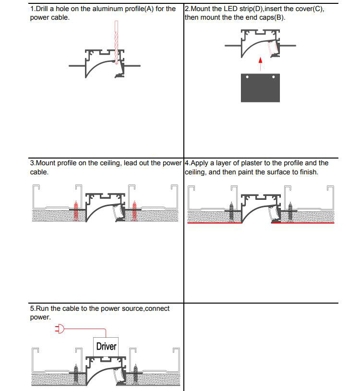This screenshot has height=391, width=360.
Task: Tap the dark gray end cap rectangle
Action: point(260,87)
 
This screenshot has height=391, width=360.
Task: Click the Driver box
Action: point(106,346)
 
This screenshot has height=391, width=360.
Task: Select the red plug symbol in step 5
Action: point(60,329)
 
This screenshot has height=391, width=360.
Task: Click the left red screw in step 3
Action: point(75,210)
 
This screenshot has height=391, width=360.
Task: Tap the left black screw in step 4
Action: point(231,210)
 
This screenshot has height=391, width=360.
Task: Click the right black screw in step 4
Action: point(290,210)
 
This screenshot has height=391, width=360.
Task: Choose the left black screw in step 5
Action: point(75,372)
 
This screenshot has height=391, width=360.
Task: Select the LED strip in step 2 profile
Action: point(272,48)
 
